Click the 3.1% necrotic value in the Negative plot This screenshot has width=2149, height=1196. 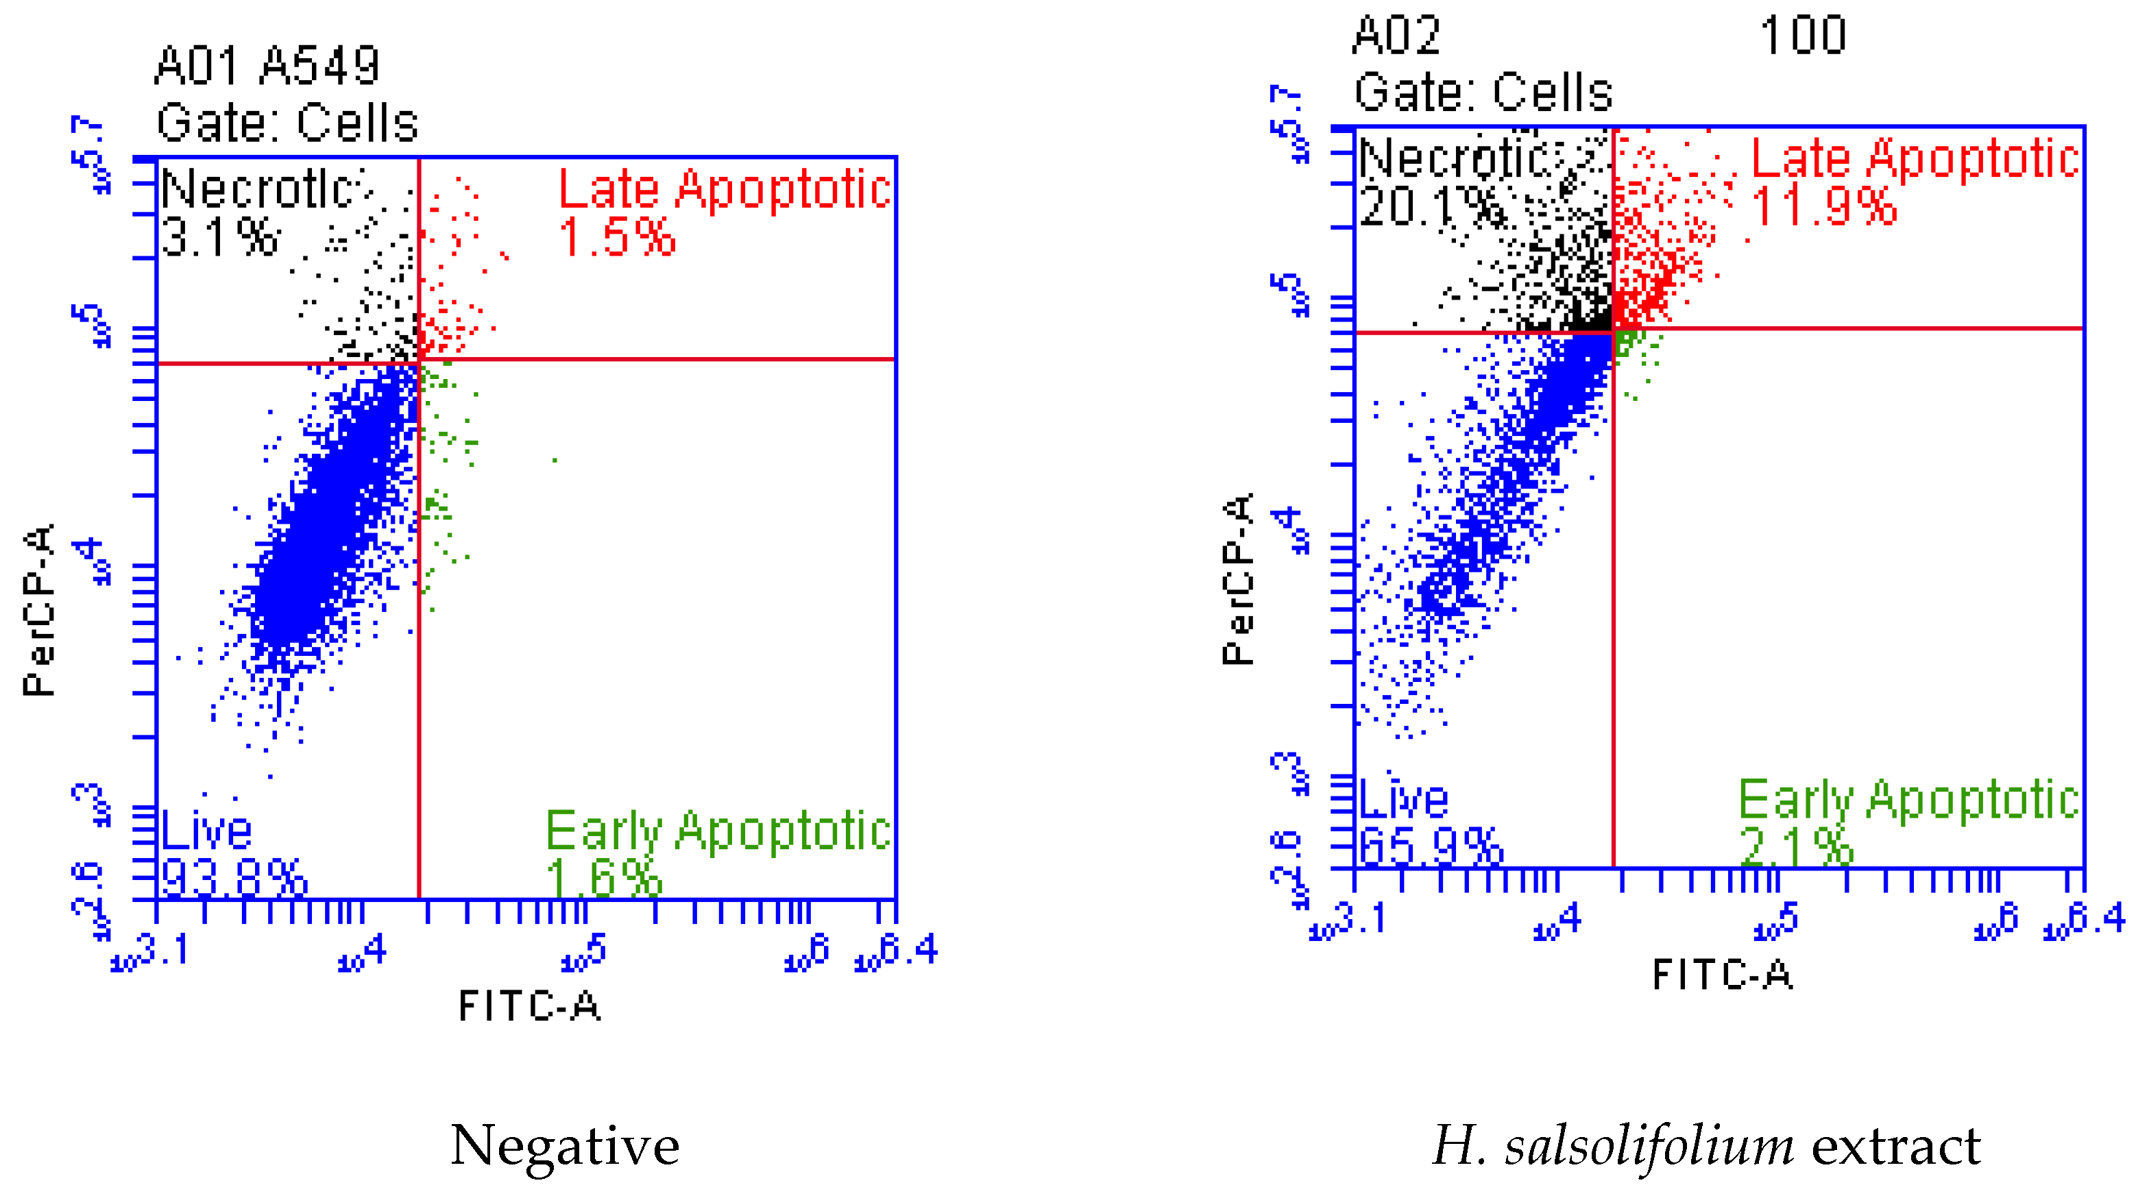click(x=219, y=237)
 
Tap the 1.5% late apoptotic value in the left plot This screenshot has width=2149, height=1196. click(x=616, y=237)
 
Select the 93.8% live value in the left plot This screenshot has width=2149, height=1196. click(x=234, y=877)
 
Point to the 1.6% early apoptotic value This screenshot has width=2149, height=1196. click(x=604, y=877)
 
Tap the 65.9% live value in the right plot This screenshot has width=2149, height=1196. click(x=1431, y=847)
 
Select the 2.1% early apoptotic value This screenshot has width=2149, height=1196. click(x=1795, y=847)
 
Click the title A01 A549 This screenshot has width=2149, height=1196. click(x=267, y=66)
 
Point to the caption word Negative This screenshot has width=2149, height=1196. click(x=565, y=1145)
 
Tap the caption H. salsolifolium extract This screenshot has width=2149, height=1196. click(x=1706, y=1145)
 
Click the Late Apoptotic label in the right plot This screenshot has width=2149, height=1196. click(x=1914, y=158)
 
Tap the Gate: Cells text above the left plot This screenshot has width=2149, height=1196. click(x=287, y=123)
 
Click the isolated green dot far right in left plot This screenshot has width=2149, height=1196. click(x=555, y=459)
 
